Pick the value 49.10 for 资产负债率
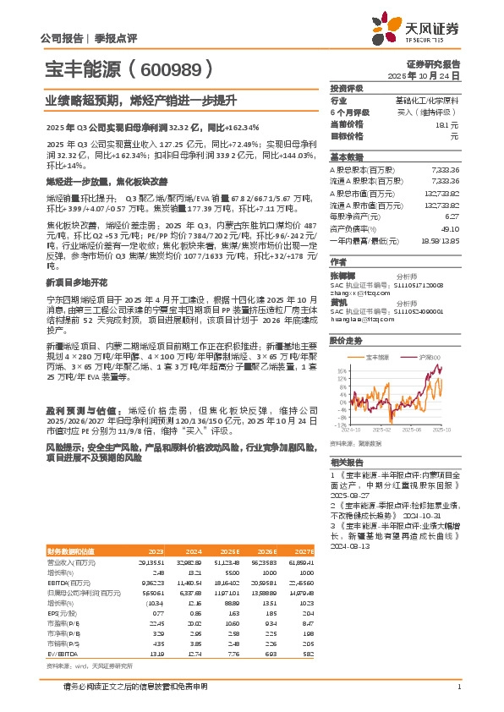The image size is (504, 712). (450, 227)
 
